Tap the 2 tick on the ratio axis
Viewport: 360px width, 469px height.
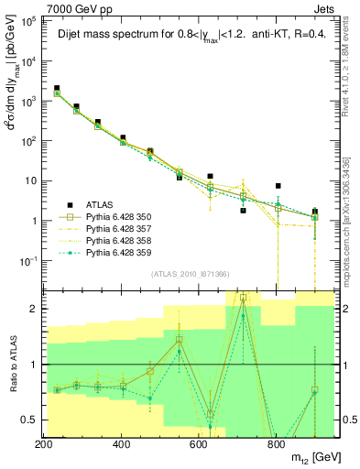[x=33, y=309]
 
